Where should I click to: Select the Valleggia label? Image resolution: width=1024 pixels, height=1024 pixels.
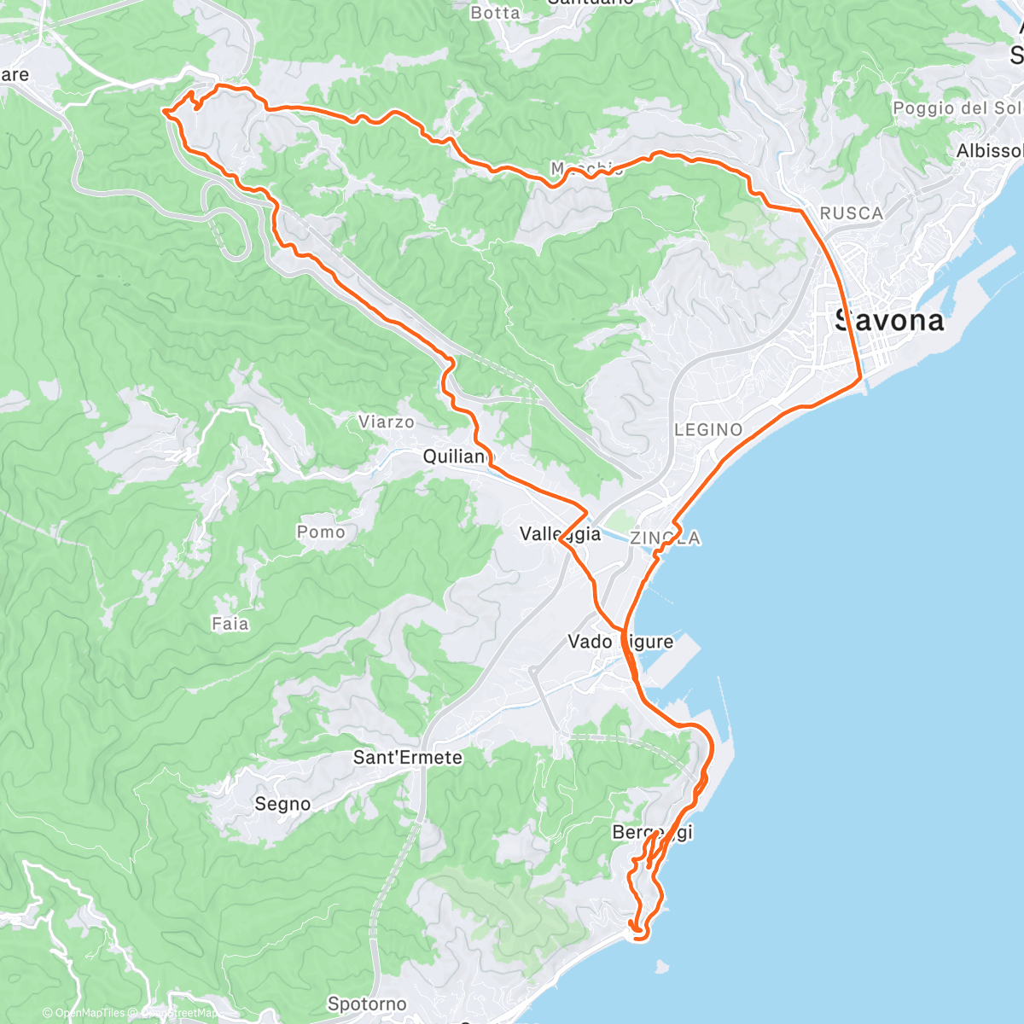pyautogui.click(x=560, y=534)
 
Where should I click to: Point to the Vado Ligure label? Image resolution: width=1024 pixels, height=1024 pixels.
pyautogui.click(x=620, y=642)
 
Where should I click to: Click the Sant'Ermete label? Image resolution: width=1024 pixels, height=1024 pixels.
pyautogui.click(x=408, y=757)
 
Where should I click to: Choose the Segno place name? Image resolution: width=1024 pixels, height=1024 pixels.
pyautogui.click(x=282, y=804)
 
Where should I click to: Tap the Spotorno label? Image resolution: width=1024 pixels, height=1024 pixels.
pyautogui.click(x=367, y=1004)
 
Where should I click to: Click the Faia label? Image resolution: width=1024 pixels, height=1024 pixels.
pyautogui.click(x=230, y=624)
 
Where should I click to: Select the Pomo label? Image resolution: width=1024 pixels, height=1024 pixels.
pyautogui.click(x=321, y=532)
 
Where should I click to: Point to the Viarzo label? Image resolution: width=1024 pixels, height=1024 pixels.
pyautogui.click(x=386, y=422)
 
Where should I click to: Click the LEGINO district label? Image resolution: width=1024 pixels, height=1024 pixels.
pyautogui.click(x=708, y=430)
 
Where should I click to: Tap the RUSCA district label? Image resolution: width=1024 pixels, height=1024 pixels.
pyautogui.click(x=851, y=213)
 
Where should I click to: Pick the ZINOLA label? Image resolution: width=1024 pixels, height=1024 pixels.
pyautogui.click(x=666, y=538)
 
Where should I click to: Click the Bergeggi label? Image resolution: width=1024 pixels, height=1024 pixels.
pyautogui.click(x=652, y=832)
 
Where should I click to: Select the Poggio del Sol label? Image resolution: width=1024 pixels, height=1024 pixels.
pyautogui.click(x=956, y=108)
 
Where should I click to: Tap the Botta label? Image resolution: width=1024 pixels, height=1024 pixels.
pyautogui.click(x=495, y=13)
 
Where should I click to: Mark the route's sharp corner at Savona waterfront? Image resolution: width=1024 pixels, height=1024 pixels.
pyautogui.click(x=860, y=376)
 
